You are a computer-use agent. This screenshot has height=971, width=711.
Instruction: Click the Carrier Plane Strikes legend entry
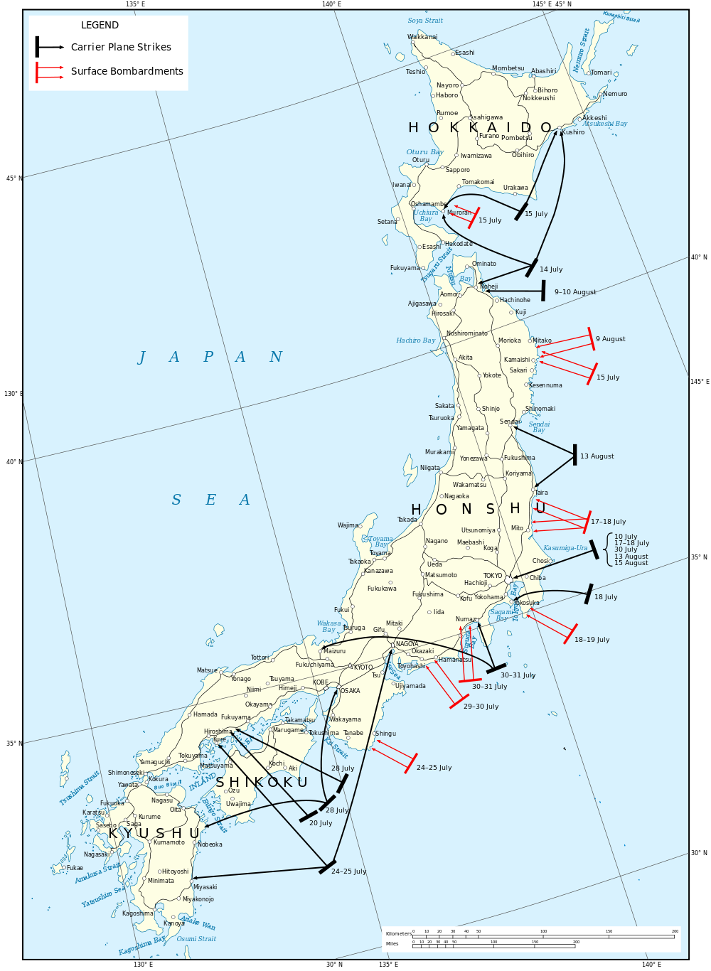point(121,47)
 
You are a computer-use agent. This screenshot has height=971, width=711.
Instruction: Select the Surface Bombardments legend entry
point(127,71)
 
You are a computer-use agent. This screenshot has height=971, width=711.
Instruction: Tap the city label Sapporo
point(457,170)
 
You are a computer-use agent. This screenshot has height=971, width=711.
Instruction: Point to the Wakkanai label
point(422,37)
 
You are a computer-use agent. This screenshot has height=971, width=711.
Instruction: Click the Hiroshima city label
point(218,731)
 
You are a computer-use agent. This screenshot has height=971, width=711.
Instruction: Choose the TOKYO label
point(493,576)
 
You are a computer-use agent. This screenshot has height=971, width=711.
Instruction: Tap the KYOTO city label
point(363,667)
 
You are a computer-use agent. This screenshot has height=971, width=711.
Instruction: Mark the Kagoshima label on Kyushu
point(137,913)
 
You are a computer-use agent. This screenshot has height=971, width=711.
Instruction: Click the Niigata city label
point(429,468)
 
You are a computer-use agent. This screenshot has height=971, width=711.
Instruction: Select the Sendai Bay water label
point(539,427)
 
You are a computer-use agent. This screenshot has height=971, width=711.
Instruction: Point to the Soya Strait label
point(425,21)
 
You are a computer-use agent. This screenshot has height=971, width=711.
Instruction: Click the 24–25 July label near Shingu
point(434,768)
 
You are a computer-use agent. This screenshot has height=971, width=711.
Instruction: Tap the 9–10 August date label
point(575,292)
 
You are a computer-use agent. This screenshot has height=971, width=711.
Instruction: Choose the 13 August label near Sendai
point(597,456)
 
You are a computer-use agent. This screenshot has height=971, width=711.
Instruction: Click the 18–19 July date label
point(592,640)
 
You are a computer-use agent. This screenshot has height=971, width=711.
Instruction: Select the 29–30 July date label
point(481,707)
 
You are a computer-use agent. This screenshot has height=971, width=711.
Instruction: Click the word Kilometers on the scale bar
point(398,933)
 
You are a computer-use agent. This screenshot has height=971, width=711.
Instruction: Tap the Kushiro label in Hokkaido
point(573,132)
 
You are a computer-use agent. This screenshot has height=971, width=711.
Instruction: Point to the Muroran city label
point(459,213)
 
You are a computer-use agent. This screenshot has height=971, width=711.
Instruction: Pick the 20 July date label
point(321,823)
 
